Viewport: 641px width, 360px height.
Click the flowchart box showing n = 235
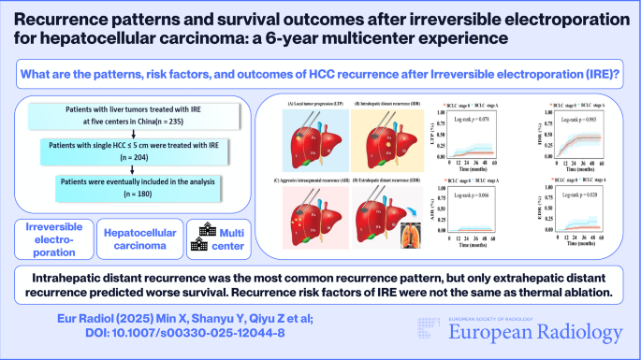(124, 117)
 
